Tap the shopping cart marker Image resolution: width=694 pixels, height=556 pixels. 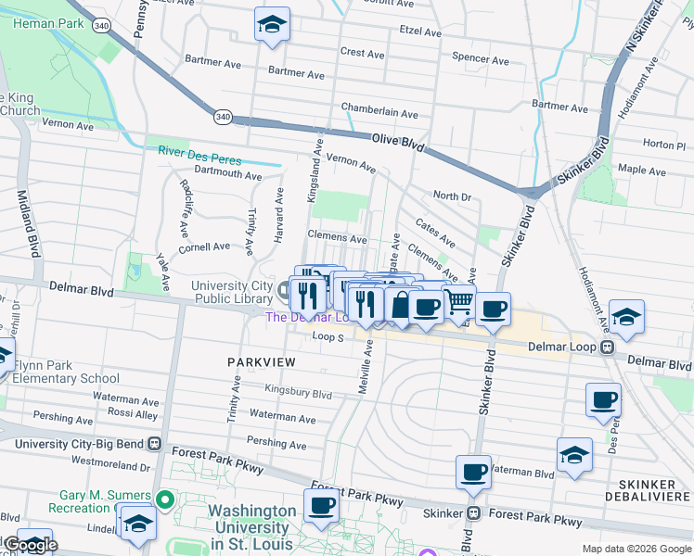[x=458, y=302]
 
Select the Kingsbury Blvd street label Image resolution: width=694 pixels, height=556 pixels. [x=298, y=393]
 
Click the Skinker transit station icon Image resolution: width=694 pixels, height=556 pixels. [x=473, y=513]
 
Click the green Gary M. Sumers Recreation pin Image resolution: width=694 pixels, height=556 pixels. [x=165, y=501]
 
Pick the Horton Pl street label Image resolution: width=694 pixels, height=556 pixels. [x=662, y=145]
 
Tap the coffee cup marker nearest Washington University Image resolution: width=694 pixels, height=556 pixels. [x=321, y=506]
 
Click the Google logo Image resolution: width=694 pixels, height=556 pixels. [x=31, y=545]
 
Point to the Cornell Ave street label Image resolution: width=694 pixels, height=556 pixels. [x=204, y=247]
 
